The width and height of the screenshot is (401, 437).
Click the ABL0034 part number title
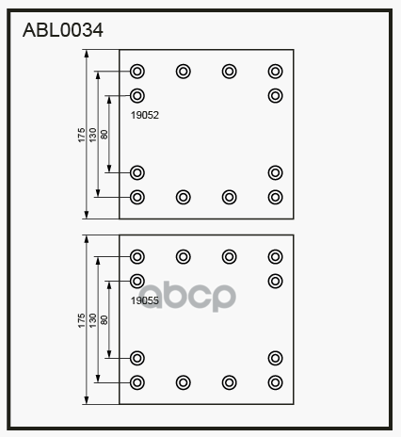coord(63,30)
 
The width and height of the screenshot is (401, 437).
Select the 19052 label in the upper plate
coord(145,115)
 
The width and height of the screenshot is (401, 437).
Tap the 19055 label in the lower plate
coord(145,300)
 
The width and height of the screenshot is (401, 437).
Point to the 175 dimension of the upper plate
coord(82,135)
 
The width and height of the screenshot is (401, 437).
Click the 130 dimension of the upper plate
coord(93,135)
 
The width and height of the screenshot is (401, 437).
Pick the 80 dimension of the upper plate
coord(104,135)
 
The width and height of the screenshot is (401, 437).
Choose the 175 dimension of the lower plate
coord(82,320)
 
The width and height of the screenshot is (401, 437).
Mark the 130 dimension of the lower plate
coord(93,320)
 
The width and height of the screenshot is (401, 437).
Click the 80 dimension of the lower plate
coord(104,320)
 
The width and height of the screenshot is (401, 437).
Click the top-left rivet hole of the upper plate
coord(137,72)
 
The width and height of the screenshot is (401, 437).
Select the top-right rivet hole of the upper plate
coord(275,72)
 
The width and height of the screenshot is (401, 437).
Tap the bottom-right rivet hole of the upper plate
coord(275,197)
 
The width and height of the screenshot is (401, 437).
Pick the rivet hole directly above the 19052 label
coord(137,96)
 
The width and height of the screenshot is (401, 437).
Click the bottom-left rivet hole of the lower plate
coord(137,382)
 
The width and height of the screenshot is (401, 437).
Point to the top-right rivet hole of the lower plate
coord(275,256)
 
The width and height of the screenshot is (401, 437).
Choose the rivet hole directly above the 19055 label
coord(137,281)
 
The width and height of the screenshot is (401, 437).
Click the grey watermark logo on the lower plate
coord(187,297)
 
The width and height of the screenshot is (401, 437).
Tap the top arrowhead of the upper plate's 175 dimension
coord(87,54)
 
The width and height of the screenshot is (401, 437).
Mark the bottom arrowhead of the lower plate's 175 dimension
coord(87,400)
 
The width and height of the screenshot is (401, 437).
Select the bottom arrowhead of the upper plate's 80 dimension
coord(109,169)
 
